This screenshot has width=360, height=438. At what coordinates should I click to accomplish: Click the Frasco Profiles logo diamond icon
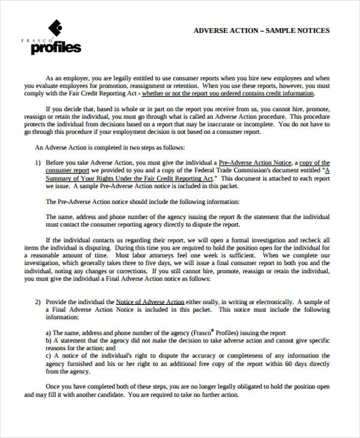tap(55, 28)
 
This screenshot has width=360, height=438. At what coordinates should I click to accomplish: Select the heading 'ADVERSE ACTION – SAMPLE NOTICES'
tap(261, 31)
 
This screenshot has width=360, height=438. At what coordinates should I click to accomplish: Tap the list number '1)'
tap(38, 163)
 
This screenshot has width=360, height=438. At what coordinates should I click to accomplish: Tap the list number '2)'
tap(38, 302)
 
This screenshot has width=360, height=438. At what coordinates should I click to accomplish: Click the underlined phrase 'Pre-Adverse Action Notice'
tap(255, 163)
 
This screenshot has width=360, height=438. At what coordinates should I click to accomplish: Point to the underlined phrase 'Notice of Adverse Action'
tap(150, 302)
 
